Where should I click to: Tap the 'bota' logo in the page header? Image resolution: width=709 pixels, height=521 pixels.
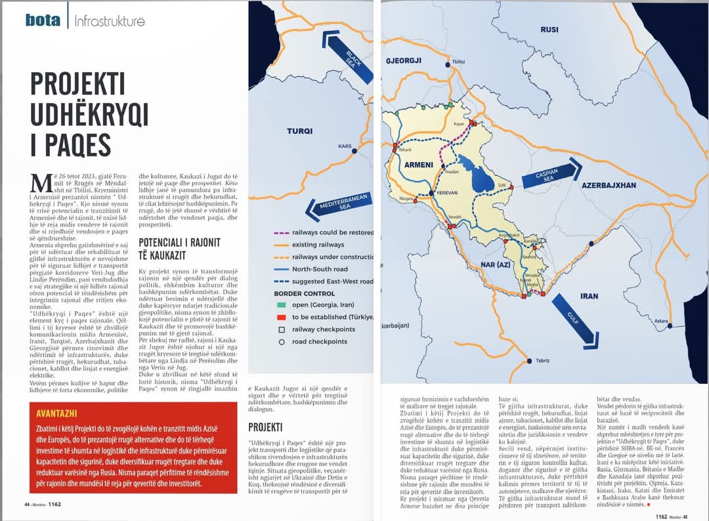tap(43, 20)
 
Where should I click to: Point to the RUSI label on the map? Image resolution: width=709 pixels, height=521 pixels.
tap(549, 30)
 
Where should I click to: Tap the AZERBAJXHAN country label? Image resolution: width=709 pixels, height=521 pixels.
tap(609, 185)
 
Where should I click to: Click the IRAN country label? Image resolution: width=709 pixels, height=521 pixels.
tap(589, 296)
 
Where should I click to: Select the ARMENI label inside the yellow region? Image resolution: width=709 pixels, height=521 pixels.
tap(419, 164)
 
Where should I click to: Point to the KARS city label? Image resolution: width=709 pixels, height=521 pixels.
tap(345, 146)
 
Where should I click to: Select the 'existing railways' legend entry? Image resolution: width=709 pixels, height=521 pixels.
tap(317, 245)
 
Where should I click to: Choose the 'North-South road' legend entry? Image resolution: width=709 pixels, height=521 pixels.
tap(320, 269)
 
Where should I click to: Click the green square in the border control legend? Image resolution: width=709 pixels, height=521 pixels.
tap(281, 305)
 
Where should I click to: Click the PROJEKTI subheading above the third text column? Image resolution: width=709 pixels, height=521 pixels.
tap(265, 427)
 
